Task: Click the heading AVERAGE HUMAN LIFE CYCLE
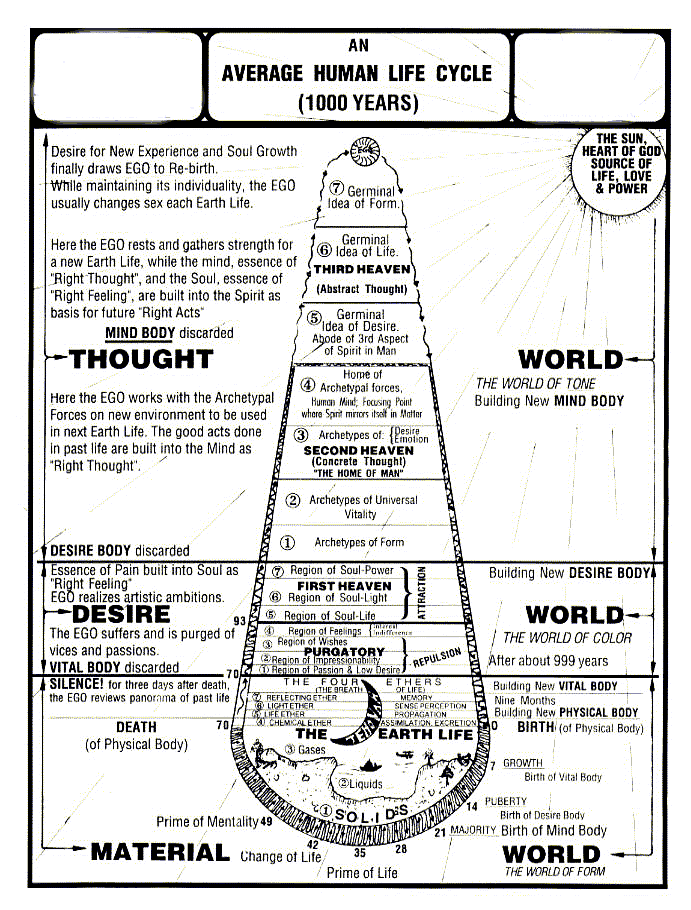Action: coord(357,74)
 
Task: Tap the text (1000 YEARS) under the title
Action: coord(357,102)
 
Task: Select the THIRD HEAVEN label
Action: coord(362,270)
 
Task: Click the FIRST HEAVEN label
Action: coord(344,585)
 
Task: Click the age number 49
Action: coord(266,822)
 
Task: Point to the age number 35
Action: coord(360,853)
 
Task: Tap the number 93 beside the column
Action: coord(237,622)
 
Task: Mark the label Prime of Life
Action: coord(362,873)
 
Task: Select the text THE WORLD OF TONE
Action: coord(535,383)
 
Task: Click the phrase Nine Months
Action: coord(524,700)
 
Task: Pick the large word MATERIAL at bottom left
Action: coord(160,852)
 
